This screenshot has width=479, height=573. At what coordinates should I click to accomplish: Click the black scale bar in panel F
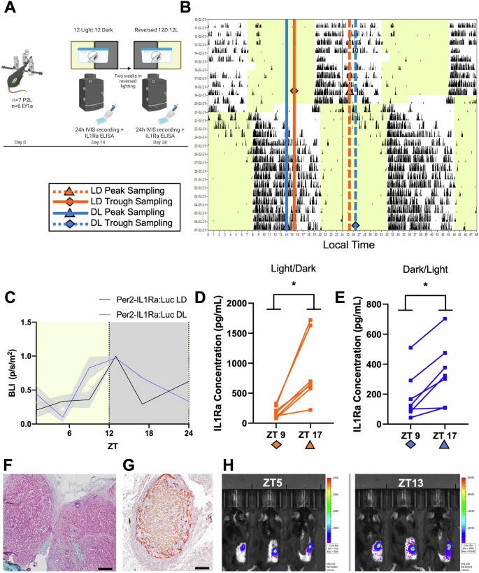[x=105, y=549]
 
